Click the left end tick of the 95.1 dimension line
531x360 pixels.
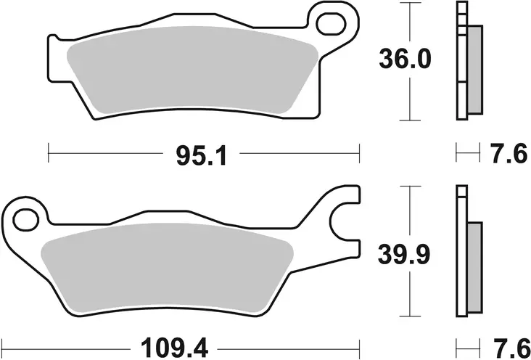point(48,153)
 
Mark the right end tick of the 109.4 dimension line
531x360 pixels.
point(360,344)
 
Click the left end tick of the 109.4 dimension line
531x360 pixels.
point(6,344)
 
